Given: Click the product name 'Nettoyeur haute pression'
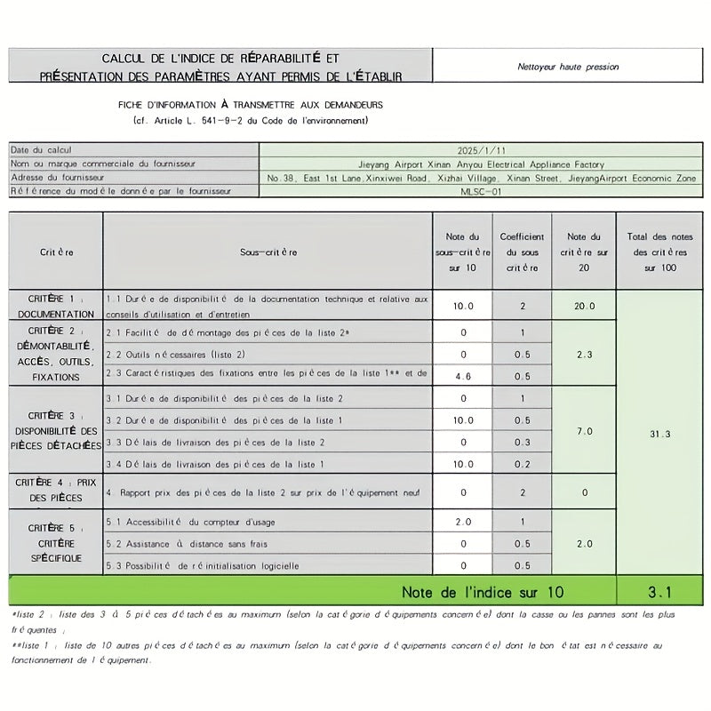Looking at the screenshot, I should (568, 67).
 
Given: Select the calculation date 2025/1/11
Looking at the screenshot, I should (481, 151).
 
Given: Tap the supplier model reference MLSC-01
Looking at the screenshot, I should (481, 191).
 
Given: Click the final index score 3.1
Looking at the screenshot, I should (660, 591).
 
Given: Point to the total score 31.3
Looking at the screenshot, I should (660, 434).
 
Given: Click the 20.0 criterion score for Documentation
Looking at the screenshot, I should (584, 306).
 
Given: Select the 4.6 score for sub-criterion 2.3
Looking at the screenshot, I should (462, 376).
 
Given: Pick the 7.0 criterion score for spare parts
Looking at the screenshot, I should (584, 431).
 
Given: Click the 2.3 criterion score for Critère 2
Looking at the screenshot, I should (584, 355).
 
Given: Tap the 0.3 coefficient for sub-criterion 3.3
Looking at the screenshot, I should (523, 443).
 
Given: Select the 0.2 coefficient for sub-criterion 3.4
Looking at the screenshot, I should (523, 464).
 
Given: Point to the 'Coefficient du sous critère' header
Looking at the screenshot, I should (523, 252).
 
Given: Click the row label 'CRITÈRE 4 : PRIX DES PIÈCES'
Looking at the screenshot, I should (55, 490).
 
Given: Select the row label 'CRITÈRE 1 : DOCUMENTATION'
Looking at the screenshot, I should (55, 306).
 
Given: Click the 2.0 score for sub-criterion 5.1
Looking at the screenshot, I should (462, 522).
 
